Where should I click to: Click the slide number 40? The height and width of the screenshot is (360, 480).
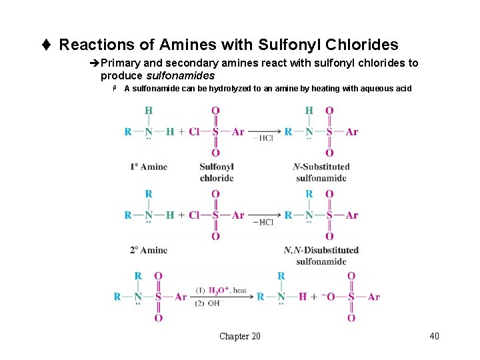point(434,336)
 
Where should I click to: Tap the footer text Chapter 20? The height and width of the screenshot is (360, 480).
point(240,336)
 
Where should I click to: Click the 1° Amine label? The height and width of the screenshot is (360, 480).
point(149,167)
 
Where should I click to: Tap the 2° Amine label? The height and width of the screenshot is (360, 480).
point(149,250)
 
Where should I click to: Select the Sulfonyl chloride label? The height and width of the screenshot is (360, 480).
point(216,172)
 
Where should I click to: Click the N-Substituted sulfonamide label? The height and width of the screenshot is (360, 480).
point(321,172)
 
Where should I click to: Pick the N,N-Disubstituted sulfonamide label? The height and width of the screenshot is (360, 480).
point(321,255)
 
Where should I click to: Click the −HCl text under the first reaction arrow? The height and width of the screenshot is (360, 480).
point(263,139)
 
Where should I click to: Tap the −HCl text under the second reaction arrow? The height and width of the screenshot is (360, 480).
point(263,222)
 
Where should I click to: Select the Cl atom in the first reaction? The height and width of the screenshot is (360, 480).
point(194,132)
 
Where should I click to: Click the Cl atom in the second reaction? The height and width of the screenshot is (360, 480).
point(194,215)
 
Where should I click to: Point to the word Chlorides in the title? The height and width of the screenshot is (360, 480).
point(364,45)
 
